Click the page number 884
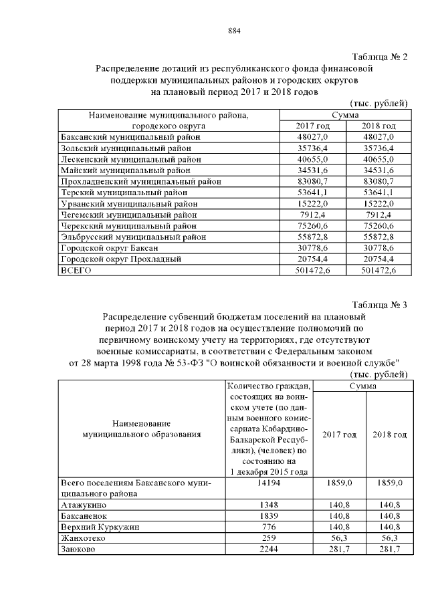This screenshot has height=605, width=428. (x=233, y=31)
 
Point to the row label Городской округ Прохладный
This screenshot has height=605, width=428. (x=122, y=259)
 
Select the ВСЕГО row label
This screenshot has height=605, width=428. (x=76, y=271)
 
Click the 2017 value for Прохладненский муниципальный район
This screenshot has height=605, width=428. (x=313, y=181)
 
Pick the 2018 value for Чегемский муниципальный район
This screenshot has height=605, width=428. (x=379, y=215)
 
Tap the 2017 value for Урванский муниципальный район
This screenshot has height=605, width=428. (x=313, y=203)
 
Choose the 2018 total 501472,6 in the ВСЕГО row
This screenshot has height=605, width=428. (x=379, y=271)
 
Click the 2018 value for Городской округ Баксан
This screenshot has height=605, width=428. (x=379, y=248)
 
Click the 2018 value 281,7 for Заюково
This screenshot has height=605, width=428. (x=388, y=550)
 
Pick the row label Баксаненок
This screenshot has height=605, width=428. (x=84, y=515)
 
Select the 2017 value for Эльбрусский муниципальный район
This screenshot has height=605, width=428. (x=313, y=237)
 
